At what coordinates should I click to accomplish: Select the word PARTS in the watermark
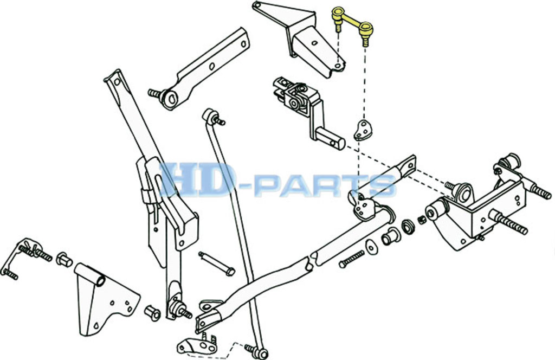pos(325,185)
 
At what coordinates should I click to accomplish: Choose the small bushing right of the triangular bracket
pos(152,313)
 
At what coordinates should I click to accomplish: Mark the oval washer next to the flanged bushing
pos(371,246)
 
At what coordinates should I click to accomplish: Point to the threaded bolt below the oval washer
pos(352,259)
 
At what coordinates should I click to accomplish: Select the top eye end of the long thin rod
pos(210,115)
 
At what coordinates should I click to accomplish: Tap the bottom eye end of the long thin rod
pos(261,352)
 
